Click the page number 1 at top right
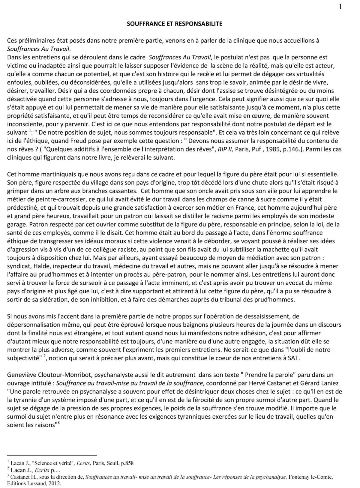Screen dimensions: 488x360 point(340,7)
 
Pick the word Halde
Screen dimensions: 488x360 point(38,266)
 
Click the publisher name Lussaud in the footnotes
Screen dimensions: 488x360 point(33,484)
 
